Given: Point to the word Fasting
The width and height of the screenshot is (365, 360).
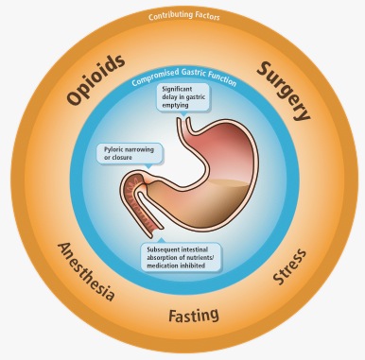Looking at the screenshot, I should pyautogui.click(x=193, y=314).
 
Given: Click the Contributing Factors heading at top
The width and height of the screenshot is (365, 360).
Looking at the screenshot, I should pyautogui.click(x=182, y=17).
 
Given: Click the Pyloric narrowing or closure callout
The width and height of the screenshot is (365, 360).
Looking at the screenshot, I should pyautogui.click(x=128, y=152).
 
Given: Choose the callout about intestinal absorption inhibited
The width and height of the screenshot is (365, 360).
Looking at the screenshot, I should pyautogui.click(x=182, y=256).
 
